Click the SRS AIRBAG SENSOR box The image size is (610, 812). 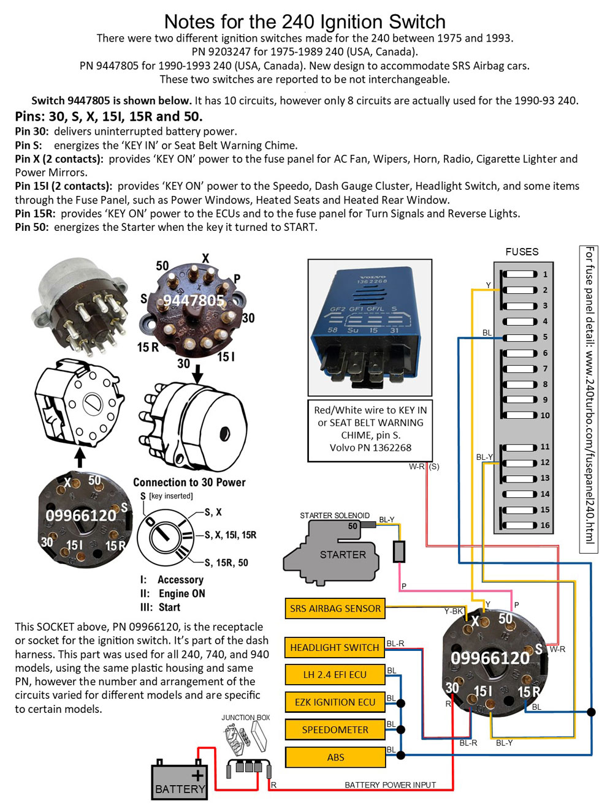[335, 608]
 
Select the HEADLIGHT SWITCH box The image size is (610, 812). [335, 647]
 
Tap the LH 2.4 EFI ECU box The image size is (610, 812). [335, 674]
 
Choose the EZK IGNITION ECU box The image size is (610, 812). [335, 702]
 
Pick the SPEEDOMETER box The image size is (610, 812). [335, 729]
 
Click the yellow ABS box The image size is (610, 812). [335, 757]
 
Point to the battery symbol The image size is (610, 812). [180, 781]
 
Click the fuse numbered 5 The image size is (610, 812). [520, 337]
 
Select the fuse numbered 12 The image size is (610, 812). [520, 462]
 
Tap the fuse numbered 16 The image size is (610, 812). [520, 525]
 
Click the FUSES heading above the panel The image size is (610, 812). [522, 252]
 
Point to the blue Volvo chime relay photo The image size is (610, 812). [370, 328]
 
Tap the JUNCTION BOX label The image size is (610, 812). [245, 717]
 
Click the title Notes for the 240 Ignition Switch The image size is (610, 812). [305, 21]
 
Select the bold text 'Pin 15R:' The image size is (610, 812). [35, 213]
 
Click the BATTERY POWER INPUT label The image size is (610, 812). [390, 784]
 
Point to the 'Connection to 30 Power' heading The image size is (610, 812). [189, 482]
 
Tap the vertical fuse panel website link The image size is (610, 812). [589, 395]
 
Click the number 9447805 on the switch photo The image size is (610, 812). [194, 300]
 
